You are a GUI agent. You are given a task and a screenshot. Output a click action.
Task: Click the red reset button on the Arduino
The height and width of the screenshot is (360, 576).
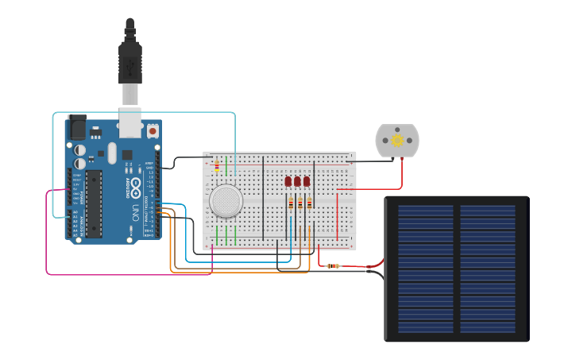pyautogui.click(x=152, y=129)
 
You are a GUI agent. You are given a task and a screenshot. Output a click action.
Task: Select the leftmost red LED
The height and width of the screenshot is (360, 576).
pyautogui.click(x=288, y=181)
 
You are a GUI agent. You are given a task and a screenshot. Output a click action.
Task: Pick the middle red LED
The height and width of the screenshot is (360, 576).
pyautogui.click(x=298, y=181)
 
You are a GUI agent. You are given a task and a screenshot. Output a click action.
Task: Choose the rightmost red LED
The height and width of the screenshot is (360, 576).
pyautogui.click(x=307, y=181)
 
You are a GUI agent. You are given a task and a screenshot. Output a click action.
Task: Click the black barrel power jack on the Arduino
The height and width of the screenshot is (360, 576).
pyautogui.click(x=78, y=127)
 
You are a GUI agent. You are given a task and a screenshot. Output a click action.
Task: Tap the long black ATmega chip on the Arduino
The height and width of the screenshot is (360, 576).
pyautogui.click(x=95, y=203)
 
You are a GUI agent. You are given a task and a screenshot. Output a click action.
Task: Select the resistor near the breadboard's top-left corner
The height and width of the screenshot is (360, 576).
pyautogui.click(x=218, y=165)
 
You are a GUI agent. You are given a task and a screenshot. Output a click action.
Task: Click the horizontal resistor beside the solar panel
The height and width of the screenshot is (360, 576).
pyautogui.click(x=333, y=265)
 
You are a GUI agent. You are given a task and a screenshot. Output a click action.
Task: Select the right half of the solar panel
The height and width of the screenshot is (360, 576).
pyautogui.click(x=487, y=269)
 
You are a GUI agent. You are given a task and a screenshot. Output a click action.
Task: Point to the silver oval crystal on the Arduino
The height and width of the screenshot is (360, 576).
pyautogui.click(x=112, y=152)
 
